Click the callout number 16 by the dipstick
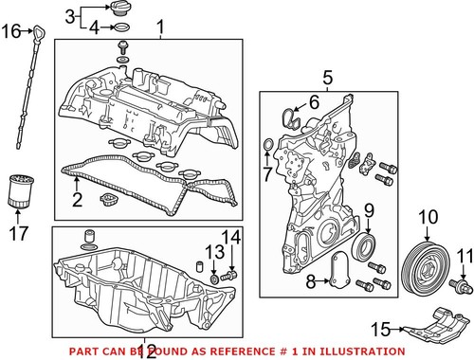[x=9, y=32]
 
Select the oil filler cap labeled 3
[x=122, y=10]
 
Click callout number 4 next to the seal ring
[x=95, y=28]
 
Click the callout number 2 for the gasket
[x=78, y=201]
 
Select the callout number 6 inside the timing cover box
[x=314, y=100]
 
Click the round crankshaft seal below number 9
[x=364, y=248]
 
